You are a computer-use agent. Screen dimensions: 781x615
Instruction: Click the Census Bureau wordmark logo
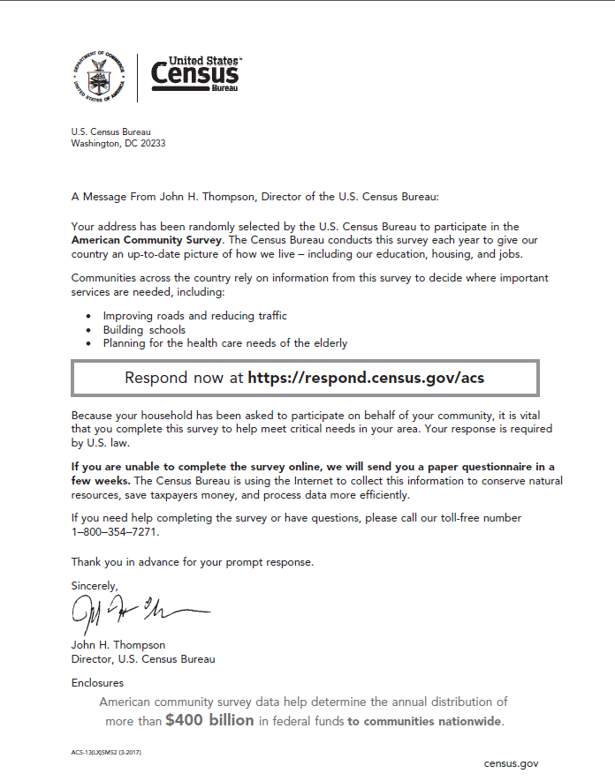(x=195, y=75)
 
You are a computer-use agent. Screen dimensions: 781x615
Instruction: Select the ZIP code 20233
(x=151, y=143)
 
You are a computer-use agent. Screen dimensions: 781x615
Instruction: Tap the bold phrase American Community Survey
(x=147, y=239)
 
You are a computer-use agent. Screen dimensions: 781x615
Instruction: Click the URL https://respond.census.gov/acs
(x=366, y=378)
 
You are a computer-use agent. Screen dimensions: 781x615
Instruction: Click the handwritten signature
(x=133, y=609)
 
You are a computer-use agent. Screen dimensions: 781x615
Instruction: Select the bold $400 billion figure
(x=209, y=720)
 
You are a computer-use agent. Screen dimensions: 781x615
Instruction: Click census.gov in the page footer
(x=510, y=762)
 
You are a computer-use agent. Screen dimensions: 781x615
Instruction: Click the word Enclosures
(x=97, y=682)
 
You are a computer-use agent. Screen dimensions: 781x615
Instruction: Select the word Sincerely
(x=94, y=585)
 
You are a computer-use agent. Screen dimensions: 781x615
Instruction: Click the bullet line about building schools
(x=144, y=330)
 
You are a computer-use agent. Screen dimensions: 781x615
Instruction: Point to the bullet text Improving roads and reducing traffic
(x=194, y=316)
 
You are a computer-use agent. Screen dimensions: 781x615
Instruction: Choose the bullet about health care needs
(x=224, y=343)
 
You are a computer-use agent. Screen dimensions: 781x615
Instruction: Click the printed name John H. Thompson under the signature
(x=118, y=645)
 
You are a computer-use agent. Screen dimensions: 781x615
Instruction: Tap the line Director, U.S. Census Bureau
(x=142, y=658)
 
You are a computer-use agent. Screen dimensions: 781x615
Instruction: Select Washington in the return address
(x=95, y=143)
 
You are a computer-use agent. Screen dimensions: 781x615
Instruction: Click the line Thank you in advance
(x=192, y=561)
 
